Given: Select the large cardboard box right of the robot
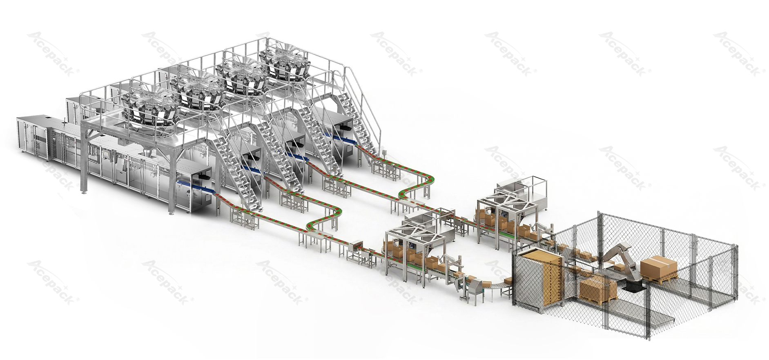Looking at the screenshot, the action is coord(658,267).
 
